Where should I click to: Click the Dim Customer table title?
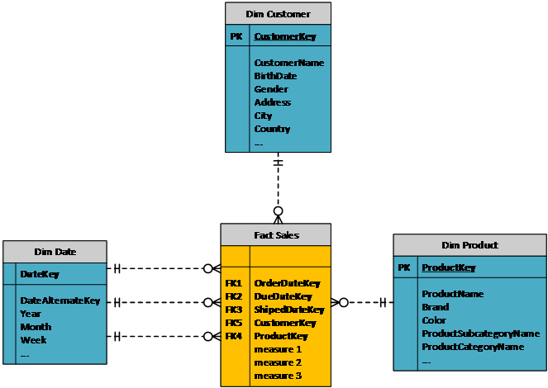pyautogui.click(x=278, y=14)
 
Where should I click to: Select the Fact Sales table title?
pyautogui.click(x=275, y=235)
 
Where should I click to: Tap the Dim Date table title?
pyautogui.click(x=55, y=252)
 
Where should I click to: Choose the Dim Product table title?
pyautogui.click(x=469, y=245)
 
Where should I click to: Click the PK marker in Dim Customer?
pyautogui.click(x=236, y=36)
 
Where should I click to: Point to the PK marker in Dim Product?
pyautogui.click(x=403, y=267)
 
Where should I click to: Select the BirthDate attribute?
pyautogui.click(x=275, y=76)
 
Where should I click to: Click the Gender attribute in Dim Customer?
pyautogui.click(x=271, y=89)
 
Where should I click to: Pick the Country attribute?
pyautogui.click(x=272, y=129)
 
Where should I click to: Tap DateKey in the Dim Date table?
pyautogui.click(x=40, y=274)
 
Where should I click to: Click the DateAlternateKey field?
pyautogui.click(x=60, y=300)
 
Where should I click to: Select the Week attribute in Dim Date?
pyautogui.click(x=33, y=340)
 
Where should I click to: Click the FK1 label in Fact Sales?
pyautogui.click(x=233, y=283)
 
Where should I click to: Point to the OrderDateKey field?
pyautogui.click(x=287, y=283)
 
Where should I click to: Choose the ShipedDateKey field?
pyautogui.click(x=288, y=310)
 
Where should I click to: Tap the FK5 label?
pyautogui.click(x=233, y=323)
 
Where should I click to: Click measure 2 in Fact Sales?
pyautogui.click(x=278, y=362)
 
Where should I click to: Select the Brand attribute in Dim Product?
pyautogui.click(x=435, y=307)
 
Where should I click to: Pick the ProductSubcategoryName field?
pyautogui.click(x=480, y=334)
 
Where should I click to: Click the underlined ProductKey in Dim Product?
pyautogui.click(x=448, y=267)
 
